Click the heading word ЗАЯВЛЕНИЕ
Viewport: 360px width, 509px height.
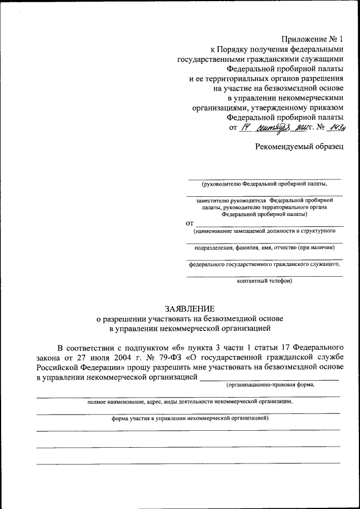pos(190,309)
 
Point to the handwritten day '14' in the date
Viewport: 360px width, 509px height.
pos(244,128)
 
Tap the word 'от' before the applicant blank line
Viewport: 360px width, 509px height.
pos(190,223)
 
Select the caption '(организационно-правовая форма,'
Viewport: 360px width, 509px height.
pos(269,385)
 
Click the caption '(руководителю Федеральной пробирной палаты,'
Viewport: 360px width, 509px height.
pos(264,183)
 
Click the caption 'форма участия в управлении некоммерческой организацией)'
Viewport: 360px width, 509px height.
pos(190,418)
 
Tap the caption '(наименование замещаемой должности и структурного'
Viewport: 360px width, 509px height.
pos(264,231)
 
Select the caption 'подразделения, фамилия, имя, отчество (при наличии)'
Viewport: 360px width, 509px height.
pos(264,247)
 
